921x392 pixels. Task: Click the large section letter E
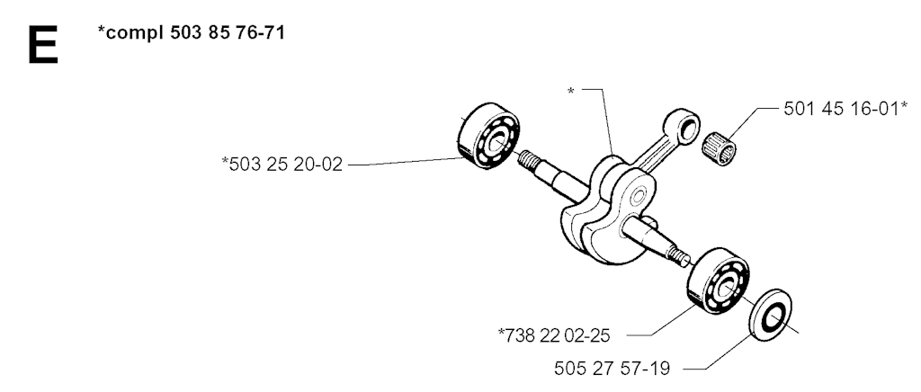click(x=42, y=45)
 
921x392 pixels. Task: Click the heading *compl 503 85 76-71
click(x=191, y=32)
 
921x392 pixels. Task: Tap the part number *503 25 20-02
click(x=282, y=164)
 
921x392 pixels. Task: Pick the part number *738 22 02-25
click(x=554, y=335)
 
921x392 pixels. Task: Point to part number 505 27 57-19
click(x=612, y=369)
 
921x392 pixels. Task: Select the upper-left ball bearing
click(x=488, y=136)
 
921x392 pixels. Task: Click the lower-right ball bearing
click(x=718, y=281)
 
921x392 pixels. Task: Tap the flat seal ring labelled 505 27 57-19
click(x=771, y=315)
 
